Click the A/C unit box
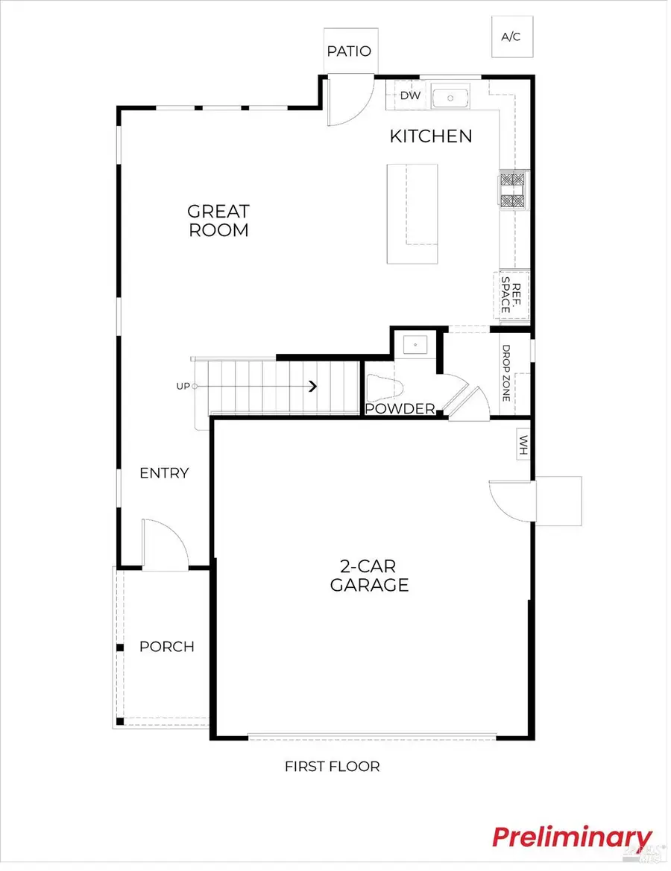coord(511,37)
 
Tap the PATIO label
coord(349,51)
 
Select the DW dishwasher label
coord(409,95)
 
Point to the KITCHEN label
coord(431,136)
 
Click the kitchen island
coord(412,213)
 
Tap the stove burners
coord(513,190)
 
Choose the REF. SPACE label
coord(511,295)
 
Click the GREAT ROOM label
coord(218,221)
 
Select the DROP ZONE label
coord(506,373)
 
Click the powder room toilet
coord(385,388)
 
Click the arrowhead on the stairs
coord(313,386)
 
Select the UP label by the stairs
coord(183,386)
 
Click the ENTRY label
coord(164,473)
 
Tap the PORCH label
coord(167,647)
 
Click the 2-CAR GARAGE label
coord(369,575)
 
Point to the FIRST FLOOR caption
coord(332,766)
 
